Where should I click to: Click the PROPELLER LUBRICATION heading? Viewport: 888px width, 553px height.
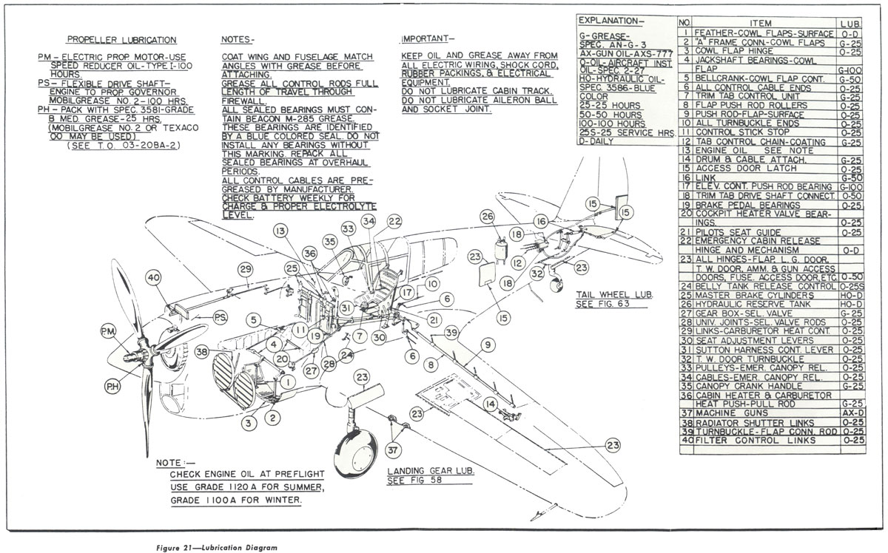click(x=121, y=40)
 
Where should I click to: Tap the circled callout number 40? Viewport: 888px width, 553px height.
click(x=153, y=279)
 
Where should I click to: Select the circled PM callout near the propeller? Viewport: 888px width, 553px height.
click(x=110, y=330)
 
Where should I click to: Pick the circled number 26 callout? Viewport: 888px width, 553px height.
click(x=486, y=216)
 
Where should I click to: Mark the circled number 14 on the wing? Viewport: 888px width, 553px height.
click(x=490, y=404)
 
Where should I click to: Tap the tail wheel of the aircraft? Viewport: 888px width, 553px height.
click(x=557, y=282)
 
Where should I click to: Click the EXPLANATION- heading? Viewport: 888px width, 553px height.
click(x=610, y=20)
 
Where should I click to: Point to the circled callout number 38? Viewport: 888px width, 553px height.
click(x=201, y=353)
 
